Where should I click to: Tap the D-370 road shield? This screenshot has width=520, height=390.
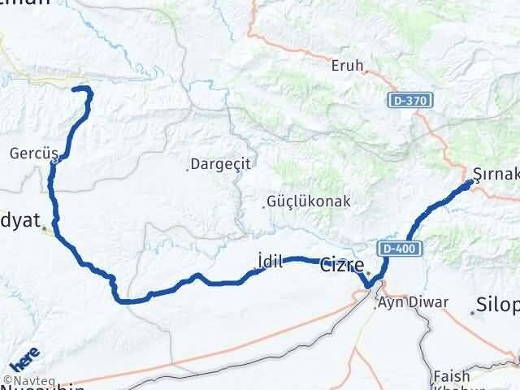tap(408, 99)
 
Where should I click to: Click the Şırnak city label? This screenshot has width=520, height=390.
tap(496, 173)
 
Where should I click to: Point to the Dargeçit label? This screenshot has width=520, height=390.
tap(221, 163)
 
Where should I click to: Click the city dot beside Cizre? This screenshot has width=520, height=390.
tap(367, 273)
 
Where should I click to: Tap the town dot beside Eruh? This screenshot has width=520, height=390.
tap(367, 71)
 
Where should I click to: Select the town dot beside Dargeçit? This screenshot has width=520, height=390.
tap(189, 169)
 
